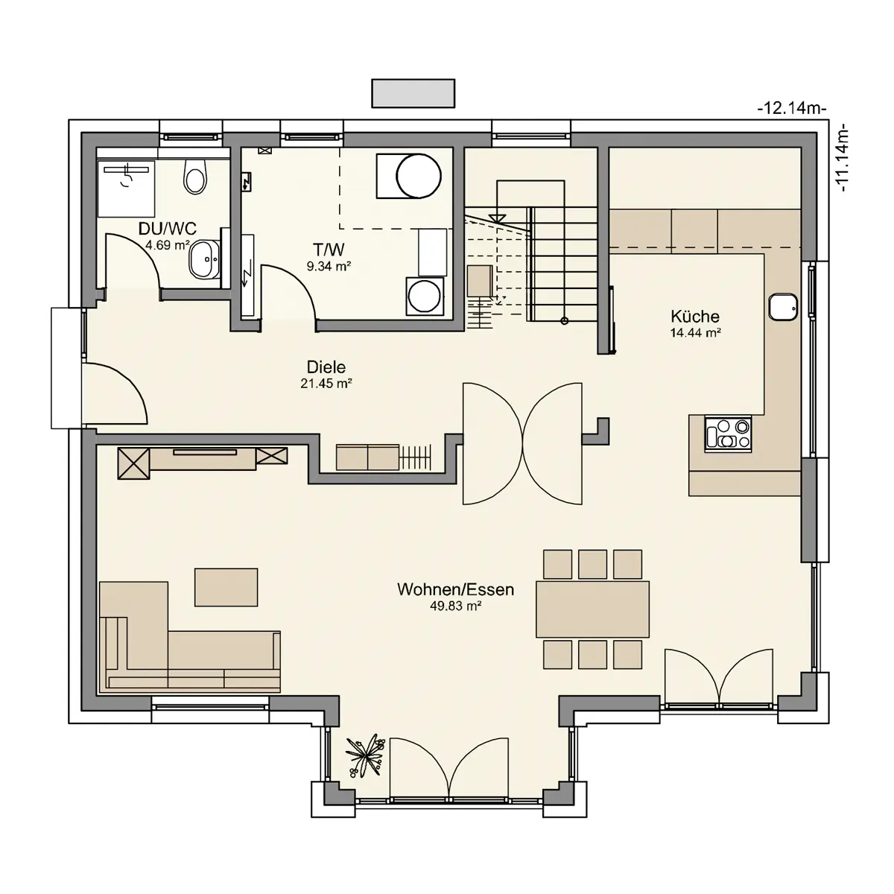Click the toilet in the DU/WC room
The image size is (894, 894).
click(195, 177)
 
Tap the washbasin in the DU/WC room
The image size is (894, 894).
click(203, 259)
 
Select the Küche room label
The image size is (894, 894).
click(695, 317)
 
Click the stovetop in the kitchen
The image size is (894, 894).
click(727, 434)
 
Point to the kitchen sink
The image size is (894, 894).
click(783, 306)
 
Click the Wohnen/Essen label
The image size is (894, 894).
click(456, 589)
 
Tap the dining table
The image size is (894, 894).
click(592, 609)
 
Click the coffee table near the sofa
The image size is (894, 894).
click(226, 587)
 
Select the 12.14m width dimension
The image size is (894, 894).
click(792, 109)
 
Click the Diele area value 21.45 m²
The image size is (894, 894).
click(326, 384)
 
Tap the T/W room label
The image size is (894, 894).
click(329, 250)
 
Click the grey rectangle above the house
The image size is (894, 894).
click(413, 93)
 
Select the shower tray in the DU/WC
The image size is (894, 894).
click(127, 188)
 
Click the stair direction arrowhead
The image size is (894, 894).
click(498, 218)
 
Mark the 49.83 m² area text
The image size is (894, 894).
click(455, 606)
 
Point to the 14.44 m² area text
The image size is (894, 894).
click(695, 332)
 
